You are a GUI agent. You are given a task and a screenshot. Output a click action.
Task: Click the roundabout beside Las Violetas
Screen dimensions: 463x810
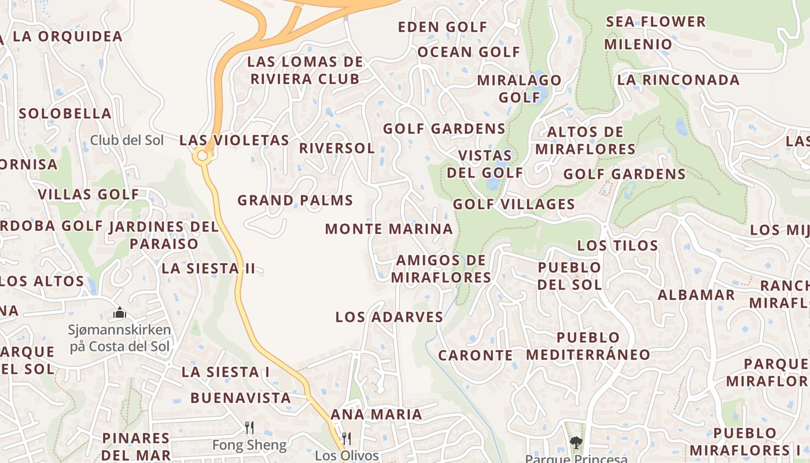(x=203, y=156)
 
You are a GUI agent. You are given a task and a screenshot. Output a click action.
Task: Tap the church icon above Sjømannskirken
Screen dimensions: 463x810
(x=120, y=313)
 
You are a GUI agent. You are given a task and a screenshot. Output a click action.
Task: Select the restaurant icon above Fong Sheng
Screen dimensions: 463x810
(x=249, y=428)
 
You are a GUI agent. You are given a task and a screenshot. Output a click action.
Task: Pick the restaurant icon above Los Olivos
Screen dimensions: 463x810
(x=347, y=438)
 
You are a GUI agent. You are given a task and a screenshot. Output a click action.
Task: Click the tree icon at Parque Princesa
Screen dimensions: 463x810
(x=576, y=443)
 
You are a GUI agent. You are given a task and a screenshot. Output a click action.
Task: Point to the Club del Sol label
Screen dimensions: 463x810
(x=127, y=140)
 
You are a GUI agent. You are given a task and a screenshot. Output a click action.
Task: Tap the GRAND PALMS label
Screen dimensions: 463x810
(x=295, y=201)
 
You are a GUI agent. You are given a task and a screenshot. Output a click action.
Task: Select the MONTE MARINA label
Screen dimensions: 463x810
(x=389, y=229)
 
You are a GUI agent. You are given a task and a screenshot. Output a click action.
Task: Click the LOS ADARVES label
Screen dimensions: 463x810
(x=389, y=317)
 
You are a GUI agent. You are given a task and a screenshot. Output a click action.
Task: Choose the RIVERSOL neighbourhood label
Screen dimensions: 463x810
(x=337, y=148)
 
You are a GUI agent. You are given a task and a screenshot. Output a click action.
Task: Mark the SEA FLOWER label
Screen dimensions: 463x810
(x=656, y=22)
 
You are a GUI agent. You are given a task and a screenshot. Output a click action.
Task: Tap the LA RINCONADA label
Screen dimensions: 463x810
(x=678, y=80)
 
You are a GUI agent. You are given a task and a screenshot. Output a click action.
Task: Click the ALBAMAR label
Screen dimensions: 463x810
(x=696, y=295)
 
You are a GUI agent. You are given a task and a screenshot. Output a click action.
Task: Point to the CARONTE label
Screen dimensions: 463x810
(x=475, y=355)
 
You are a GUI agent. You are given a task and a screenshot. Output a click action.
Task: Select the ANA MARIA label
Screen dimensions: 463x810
(x=376, y=414)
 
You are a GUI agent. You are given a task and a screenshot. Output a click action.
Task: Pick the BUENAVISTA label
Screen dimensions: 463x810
(x=240, y=398)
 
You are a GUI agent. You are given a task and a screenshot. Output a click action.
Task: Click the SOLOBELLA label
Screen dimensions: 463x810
(x=65, y=113)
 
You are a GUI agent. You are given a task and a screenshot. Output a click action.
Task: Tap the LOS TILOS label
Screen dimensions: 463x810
(x=617, y=245)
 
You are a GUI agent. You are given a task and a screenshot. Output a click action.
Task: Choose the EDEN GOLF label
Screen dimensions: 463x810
(x=443, y=27)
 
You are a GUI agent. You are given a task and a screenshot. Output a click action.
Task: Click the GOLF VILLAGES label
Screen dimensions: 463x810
(x=514, y=204)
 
